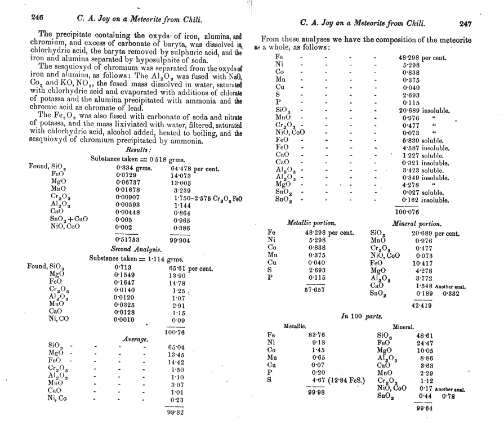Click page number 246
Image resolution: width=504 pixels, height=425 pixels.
tap(38, 18)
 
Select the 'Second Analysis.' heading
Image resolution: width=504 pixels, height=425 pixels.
tap(136, 248)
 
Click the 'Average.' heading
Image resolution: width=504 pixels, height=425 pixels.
tap(136, 339)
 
